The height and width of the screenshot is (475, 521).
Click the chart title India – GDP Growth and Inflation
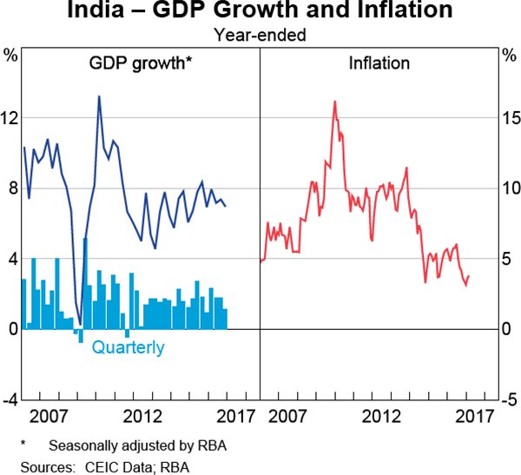pyautogui.click(x=260, y=12)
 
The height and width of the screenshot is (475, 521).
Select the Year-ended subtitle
pyautogui.click(x=260, y=36)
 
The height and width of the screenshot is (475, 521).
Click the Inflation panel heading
pyautogui.click(x=379, y=63)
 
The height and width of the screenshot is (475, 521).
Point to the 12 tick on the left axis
pyautogui.click(x=10, y=117)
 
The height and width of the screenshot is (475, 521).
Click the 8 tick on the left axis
pyautogui.click(x=10, y=188)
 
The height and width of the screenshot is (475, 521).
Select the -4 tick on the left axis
pyautogui.click(x=10, y=399)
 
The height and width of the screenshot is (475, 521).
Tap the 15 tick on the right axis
pyautogui.click(x=511, y=117)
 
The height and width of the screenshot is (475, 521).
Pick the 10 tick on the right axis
pyautogui.click(x=511, y=188)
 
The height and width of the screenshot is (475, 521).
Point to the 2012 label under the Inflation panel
pyautogui.click(x=379, y=416)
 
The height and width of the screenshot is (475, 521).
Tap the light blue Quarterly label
pyautogui.click(x=128, y=348)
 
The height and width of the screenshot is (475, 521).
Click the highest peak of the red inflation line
pyautogui.click(x=334, y=102)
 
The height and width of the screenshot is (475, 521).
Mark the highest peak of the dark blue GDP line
pyautogui.click(x=99, y=96)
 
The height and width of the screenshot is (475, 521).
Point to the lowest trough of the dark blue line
pyautogui.click(x=80, y=323)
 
